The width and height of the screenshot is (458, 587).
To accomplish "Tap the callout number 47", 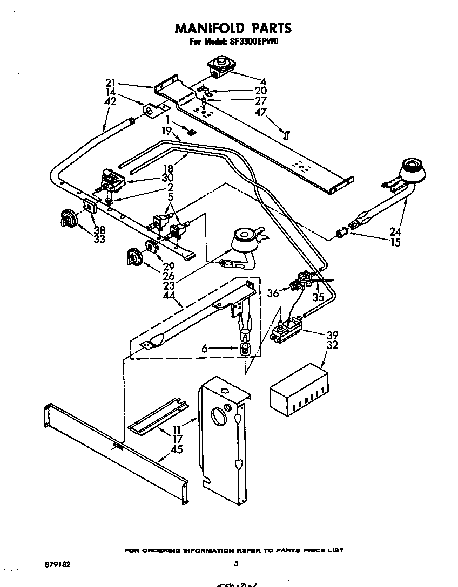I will (x=260, y=112).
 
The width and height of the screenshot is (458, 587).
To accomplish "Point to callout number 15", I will (x=395, y=243).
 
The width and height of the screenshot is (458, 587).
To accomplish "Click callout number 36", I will (x=273, y=293).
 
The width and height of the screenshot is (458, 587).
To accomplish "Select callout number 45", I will (x=176, y=449).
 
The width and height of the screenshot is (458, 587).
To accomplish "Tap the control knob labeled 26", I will (x=133, y=256).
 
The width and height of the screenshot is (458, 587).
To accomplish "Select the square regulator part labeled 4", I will (x=220, y=66).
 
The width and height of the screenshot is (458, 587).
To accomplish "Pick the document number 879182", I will (x=57, y=564).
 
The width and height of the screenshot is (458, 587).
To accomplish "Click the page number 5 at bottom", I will (x=236, y=564).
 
